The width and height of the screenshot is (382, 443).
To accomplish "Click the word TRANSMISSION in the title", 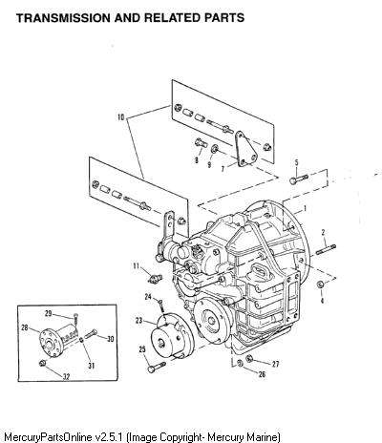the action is click(63, 18).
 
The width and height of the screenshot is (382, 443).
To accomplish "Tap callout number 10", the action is click(121, 117).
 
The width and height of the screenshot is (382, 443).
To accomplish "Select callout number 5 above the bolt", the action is click(297, 162).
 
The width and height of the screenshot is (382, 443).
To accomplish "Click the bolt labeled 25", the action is click(157, 367).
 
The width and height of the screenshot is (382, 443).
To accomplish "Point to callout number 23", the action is click(139, 321).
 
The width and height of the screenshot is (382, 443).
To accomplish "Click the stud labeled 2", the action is click(326, 249).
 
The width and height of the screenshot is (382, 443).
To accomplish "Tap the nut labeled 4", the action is click(321, 285).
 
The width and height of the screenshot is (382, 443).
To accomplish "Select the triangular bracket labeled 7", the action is click(247, 149).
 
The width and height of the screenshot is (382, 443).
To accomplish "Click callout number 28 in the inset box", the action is click(25, 327).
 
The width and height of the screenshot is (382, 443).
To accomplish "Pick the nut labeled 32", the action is click(42, 363).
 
